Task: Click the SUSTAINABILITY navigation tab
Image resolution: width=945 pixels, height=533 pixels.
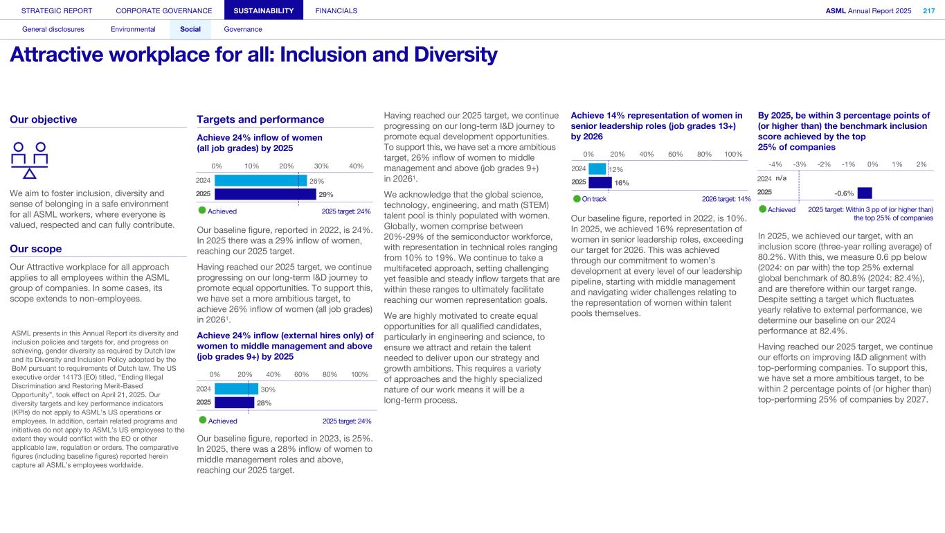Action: [x=264, y=10]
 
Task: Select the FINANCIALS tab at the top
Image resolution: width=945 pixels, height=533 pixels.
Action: [x=336, y=10]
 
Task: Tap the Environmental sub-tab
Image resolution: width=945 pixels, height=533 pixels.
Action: [x=133, y=29]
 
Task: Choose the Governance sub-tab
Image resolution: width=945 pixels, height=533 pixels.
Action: [x=243, y=29]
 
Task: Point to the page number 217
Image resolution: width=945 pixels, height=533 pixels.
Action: [x=928, y=10]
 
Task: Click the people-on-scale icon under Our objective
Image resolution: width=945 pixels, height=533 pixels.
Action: [x=30, y=160]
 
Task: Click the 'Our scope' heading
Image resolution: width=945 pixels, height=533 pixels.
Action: [x=36, y=249]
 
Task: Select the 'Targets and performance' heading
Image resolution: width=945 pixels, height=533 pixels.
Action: [x=260, y=119]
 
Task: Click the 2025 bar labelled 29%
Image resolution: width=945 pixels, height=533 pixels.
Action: [x=265, y=194]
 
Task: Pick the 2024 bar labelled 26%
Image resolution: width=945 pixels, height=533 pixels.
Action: [x=260, y=181]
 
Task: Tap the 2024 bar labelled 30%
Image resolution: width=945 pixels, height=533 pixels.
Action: [x=236, y=389]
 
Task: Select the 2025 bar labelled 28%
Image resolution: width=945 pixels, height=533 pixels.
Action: [x=235, y=402]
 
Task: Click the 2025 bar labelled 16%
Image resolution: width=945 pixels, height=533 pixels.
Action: [x=600, y=182]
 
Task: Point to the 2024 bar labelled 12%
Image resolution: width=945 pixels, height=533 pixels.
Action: [x=597, y=169]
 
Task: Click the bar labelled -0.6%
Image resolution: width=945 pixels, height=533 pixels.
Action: [x=865, y=193]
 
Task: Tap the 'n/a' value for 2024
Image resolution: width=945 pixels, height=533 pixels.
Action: [x=782, y=179]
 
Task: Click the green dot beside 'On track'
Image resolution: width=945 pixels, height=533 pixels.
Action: [x=576, y=199]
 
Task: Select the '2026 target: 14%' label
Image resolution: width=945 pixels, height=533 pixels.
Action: [x=726, y=199]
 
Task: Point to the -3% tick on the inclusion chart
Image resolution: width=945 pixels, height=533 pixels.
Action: [x=800, y=164]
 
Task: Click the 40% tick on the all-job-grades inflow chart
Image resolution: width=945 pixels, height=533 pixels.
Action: [x=357, y=166]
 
